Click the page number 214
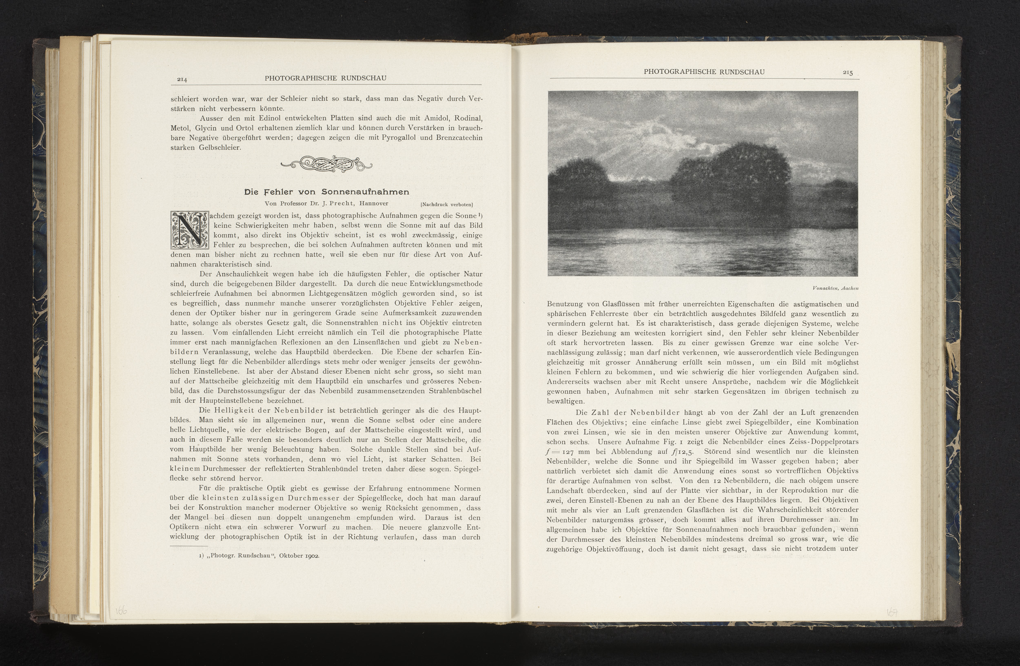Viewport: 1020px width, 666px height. [182, 79]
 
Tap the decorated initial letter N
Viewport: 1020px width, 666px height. [189, 230]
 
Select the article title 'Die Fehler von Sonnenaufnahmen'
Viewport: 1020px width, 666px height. [326, 192]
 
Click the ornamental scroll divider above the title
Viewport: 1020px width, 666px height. [326, 164]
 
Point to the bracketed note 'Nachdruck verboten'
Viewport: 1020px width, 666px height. [447, 204]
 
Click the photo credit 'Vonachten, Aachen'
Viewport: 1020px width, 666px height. [835, 289]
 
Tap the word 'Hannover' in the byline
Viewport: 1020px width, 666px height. [374, 204]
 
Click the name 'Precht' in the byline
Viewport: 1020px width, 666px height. [341, 204]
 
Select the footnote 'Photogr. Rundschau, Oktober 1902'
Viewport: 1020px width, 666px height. [260, 556]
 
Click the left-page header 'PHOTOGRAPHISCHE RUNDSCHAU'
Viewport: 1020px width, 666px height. [325, 78]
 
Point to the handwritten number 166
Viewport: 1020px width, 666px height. [121, 611]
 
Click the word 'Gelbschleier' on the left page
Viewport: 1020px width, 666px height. [220, 148]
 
